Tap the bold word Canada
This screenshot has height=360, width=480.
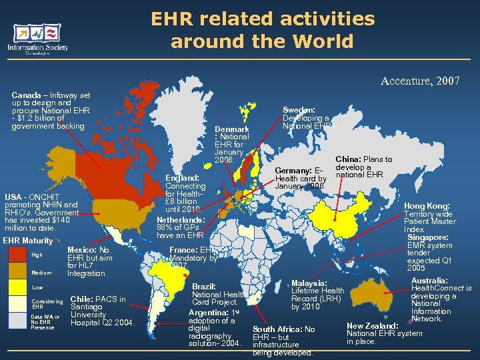tap(25, 96)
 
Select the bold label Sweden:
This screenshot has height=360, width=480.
tap(299, 111)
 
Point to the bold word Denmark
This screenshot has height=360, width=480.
tap(233, 129)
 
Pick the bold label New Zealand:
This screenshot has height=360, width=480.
tap(373, 325)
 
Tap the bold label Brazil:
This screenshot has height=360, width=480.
tap(203, 286)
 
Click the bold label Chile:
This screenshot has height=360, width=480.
tap(82, 299)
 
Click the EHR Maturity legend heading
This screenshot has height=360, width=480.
tap(27, 241)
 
